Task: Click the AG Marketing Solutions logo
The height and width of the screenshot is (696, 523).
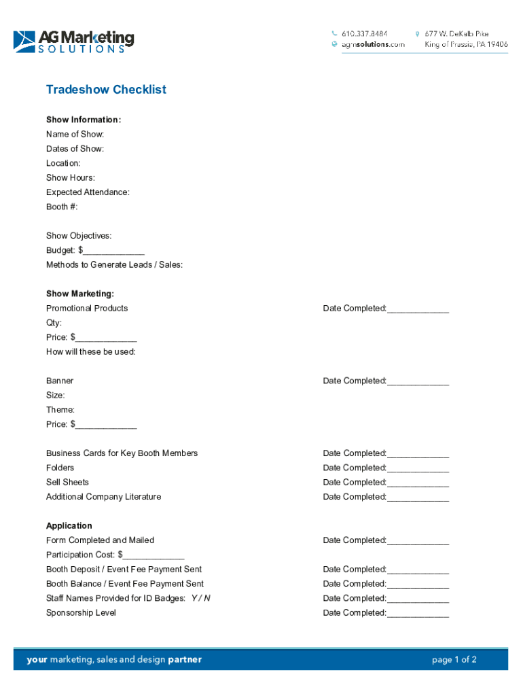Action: (73, 41)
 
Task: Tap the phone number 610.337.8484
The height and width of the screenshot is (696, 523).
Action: (364, 33)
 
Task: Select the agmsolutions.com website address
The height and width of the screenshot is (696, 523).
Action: (373, 44)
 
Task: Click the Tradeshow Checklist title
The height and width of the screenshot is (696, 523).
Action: (106, 90)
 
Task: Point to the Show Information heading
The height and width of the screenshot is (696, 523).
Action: (84, 120)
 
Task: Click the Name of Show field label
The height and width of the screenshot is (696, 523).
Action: (75, 135)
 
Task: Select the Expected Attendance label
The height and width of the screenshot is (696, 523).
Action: (88, 192)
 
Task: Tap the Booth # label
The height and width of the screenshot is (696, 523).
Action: (67, 207)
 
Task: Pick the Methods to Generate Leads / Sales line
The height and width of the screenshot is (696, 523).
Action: (114, 265)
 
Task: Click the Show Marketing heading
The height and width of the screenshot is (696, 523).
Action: (80, 294)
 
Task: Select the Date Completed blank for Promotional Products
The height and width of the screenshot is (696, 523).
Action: (418, 309)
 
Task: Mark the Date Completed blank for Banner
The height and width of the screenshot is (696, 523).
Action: (418, 382)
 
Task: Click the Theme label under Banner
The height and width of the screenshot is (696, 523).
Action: (60, 410)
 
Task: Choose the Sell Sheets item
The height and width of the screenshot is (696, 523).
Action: (67, 483)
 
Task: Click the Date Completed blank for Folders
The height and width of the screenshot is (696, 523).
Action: (418, 469)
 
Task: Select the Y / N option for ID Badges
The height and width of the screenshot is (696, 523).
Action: (200, 598)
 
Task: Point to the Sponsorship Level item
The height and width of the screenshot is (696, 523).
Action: (81, 613)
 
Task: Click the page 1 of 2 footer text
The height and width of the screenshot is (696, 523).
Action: (454, 659)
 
